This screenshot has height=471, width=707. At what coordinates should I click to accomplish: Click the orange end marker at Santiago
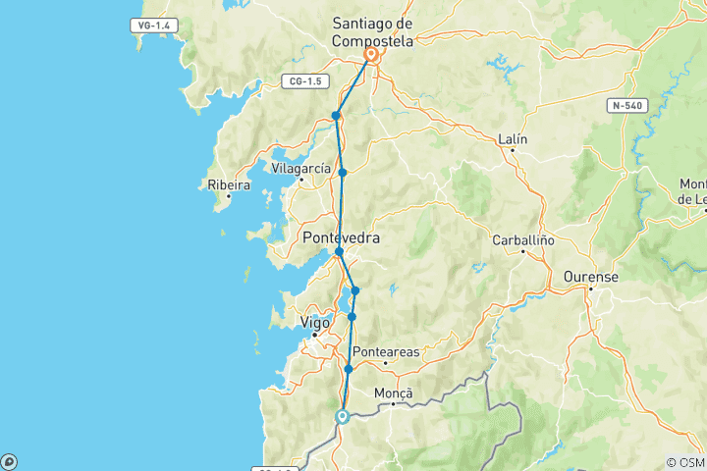[x=372, y=56]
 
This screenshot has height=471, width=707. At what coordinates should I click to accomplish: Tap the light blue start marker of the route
[x=343, y=416]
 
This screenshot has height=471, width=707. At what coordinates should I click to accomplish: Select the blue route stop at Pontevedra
[x=339, y=252]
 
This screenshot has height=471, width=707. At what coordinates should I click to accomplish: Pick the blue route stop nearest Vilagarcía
[x=343, y=173]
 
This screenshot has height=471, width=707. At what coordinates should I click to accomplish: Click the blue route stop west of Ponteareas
[x=349, y=369]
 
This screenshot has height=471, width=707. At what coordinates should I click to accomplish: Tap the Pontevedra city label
[x=341, y=237]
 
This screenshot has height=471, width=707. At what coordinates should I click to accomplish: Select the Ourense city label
[x=590, y=278]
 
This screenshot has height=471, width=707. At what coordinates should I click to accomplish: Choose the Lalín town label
[x=513, y=139]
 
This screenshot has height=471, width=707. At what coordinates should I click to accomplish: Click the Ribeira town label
[x=224, y=183]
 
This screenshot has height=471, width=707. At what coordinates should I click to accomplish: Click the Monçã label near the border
[x=395, y=392]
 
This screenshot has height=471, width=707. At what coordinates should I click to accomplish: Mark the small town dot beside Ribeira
[x=228, y=195]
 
